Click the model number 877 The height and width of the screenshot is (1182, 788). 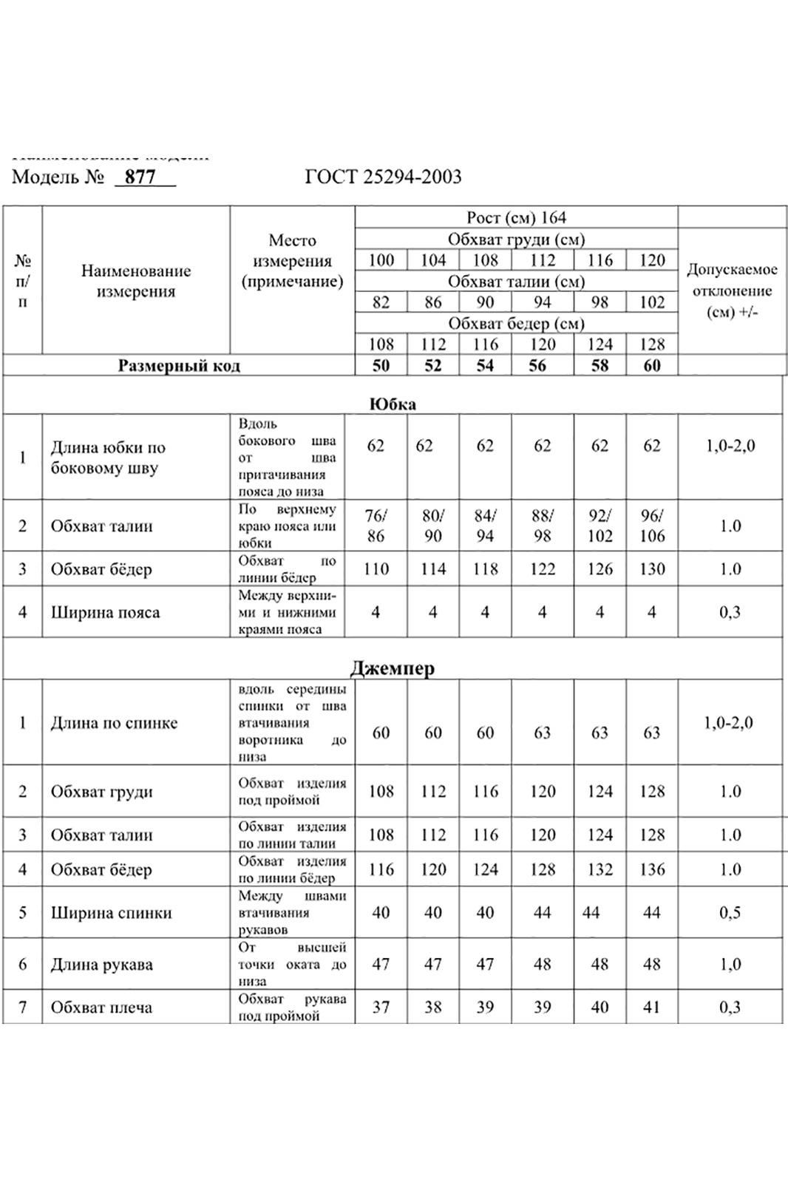pos(140,177)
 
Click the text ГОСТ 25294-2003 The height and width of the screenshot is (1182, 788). pos(383,177)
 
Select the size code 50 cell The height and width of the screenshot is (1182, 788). pos(381,365)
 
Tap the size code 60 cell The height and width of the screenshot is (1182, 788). pos(651,365)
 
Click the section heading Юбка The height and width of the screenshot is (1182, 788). pos(393,404)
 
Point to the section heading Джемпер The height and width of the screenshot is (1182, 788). pos(392,668)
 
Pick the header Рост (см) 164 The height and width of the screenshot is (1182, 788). pos(516,217)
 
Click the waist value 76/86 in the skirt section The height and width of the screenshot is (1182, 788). pos(376,526)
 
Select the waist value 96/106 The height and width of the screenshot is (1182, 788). pos(651,526)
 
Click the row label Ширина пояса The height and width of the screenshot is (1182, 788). pos(105,612)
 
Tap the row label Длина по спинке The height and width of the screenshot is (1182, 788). pos(114,723)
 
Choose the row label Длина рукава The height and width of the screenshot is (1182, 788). pos(101,964)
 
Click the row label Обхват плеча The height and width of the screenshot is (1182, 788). pos(101,1007)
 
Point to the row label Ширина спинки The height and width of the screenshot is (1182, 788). pos(111,912)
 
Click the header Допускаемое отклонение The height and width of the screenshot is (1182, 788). pos(732,291)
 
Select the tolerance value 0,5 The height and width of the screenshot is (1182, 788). pos(730,912)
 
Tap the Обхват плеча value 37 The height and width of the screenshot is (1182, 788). pos(381,1007)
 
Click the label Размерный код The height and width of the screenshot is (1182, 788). pos(179,365)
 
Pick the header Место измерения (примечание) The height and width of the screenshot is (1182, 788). pos(292,261)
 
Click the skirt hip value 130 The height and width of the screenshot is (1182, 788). pos(651,569)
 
